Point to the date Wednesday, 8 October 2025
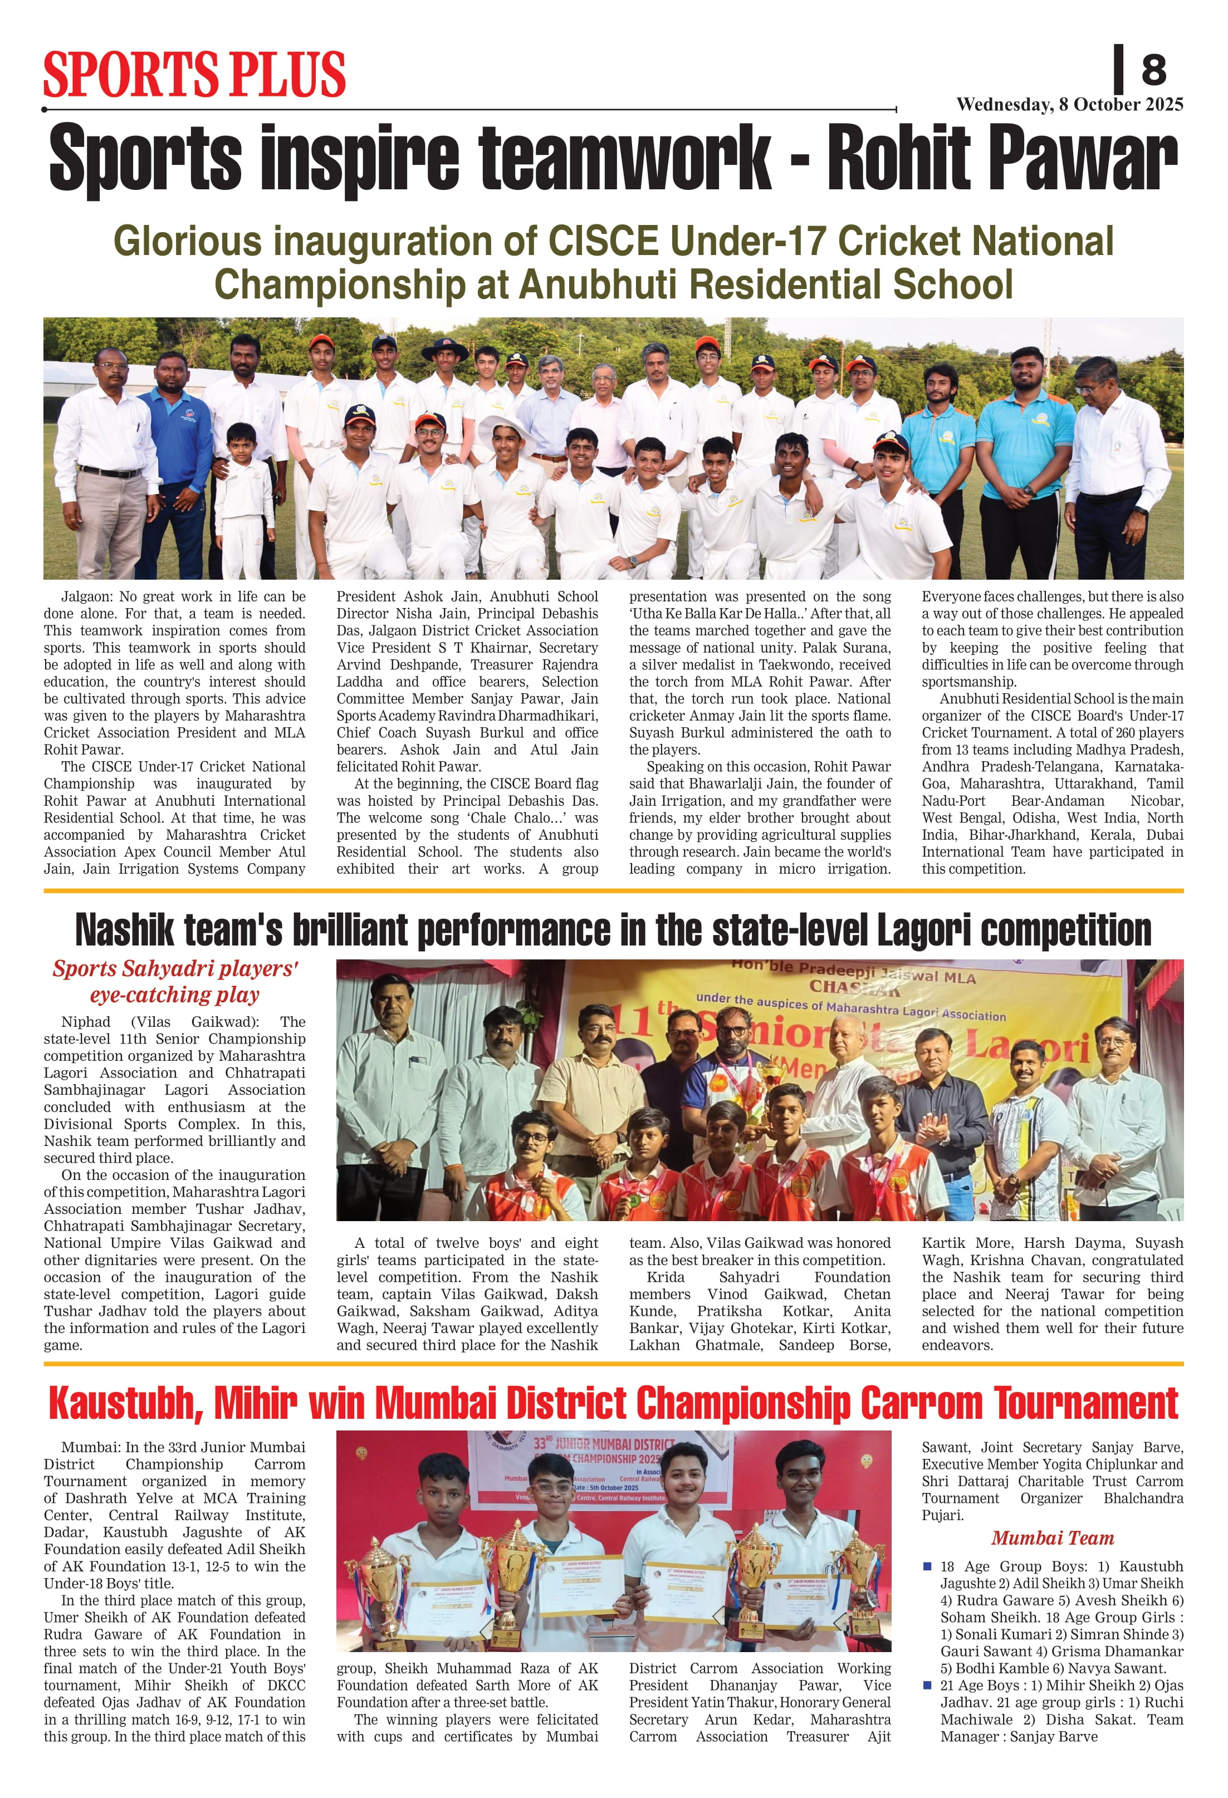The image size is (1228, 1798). coord(1069,105)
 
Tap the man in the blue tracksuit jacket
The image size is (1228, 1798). coord(180,457)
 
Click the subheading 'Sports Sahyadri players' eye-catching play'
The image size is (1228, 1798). coord(175,981)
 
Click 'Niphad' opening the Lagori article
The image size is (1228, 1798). coord(86,1021)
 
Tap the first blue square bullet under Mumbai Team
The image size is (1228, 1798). coord(927,1566)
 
